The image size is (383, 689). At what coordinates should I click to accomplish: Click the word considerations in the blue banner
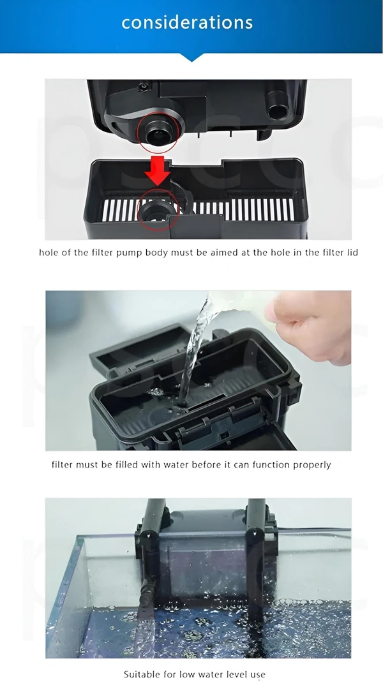pyautogui.click(x=187, y=22)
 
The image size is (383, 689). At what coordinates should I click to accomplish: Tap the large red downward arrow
pyautogui.click(x=158, y=169)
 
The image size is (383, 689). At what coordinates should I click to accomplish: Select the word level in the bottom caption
pyautogui.click(x=237, y=674)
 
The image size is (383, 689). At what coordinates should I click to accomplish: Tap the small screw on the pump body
pyautogui.click(x=143, y=87)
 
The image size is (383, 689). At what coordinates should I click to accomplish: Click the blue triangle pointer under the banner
pyautogui.click(x=191, y=57)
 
